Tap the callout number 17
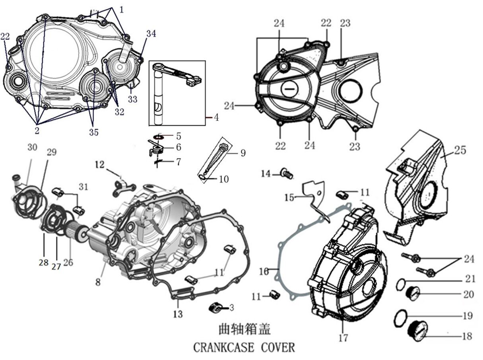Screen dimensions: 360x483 343,338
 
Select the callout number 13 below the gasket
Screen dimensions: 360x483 178,314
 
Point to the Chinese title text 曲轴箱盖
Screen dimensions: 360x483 244,329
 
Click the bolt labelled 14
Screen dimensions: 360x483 286,173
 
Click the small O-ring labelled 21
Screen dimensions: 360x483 401,284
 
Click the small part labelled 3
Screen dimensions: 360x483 215,307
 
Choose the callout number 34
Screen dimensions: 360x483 151,34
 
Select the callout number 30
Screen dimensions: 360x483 32,147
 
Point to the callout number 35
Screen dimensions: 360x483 93,132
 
